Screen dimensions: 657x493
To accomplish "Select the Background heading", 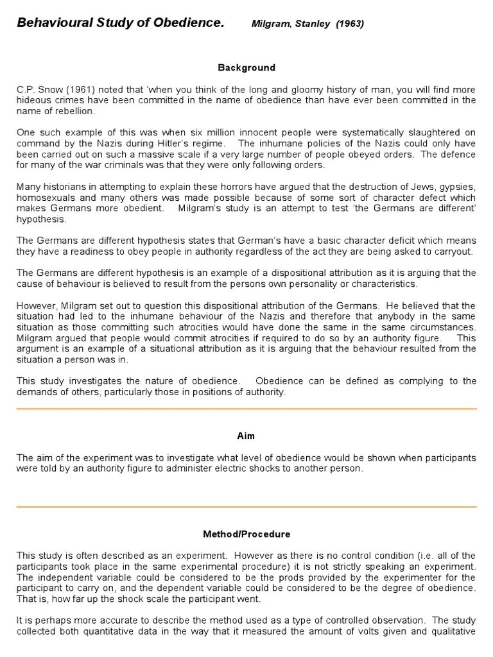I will [x=246, y=67].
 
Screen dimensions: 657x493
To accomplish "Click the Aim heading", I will [x=246, y=436].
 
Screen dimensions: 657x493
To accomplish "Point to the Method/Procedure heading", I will [x=246, y=534].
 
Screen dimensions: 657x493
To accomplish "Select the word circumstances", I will [x=442, y=327].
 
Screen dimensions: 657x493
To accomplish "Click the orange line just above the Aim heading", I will [x=246, y=409].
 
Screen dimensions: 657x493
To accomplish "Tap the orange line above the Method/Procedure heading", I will [x=246, y=507].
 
